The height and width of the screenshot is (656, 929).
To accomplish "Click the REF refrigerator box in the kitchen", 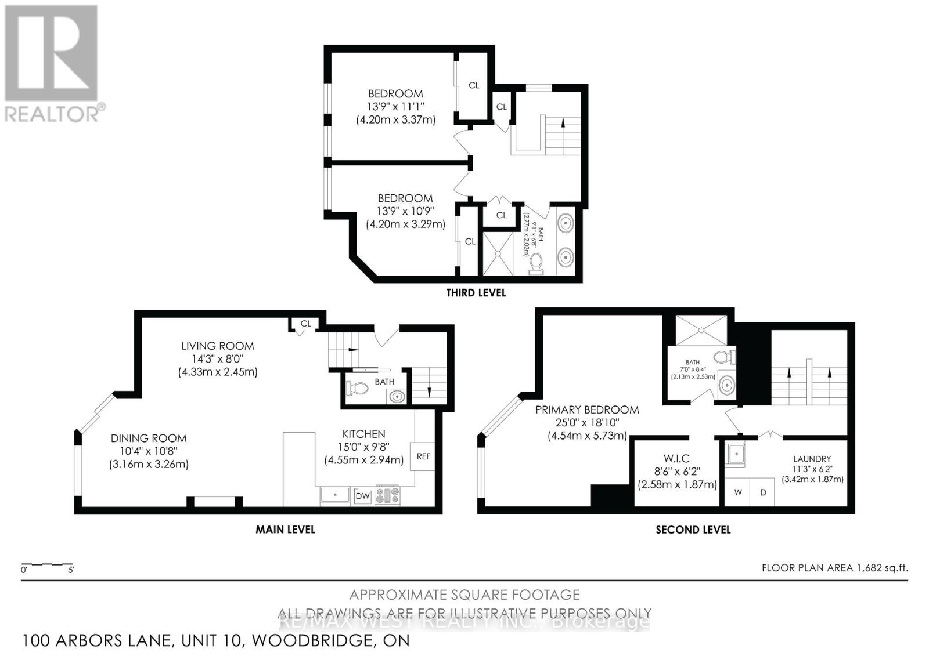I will coord(423,456).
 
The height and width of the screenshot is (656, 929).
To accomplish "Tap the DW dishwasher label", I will coord(362,496).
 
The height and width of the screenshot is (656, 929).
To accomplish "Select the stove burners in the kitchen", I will coord(387,495).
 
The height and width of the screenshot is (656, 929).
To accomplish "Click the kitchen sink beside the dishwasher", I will coord(335,495).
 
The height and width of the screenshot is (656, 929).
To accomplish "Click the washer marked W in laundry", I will coord(738,492).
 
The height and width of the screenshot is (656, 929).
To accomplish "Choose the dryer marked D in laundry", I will coord(763,492).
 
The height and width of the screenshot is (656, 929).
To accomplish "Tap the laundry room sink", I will coord(736,454).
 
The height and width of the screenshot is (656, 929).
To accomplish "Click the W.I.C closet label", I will coord(676,459).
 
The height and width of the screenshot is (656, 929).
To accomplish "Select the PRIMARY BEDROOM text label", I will coord(586,409).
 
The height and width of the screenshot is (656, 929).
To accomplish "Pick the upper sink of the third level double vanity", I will coord(566,223).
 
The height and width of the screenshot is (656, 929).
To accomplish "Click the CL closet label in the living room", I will coord(306,324).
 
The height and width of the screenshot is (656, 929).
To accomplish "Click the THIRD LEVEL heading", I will coord(476,293).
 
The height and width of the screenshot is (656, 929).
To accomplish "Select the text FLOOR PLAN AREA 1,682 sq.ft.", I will coord(834,568).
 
